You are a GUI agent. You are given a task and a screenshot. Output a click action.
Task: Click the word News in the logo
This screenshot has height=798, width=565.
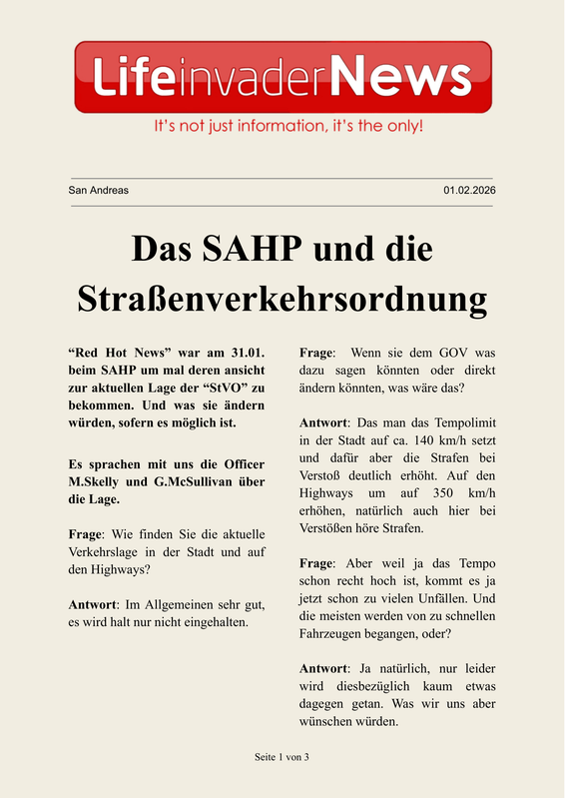tap(399, 77)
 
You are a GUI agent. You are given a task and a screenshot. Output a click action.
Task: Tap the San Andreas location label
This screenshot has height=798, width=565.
tap(98, 190)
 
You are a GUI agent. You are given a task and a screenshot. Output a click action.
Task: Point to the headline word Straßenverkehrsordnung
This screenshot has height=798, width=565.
tap(282, 300)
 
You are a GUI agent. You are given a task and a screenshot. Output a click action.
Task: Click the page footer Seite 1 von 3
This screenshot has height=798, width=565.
tap(282, 757)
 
